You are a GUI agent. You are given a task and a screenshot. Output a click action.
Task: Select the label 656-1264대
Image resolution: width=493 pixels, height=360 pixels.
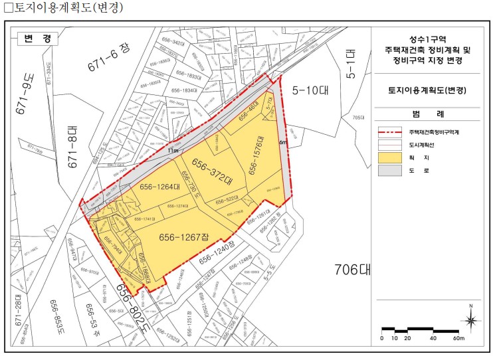tap(159, 187)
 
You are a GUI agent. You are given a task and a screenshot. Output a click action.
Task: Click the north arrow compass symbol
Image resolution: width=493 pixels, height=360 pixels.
tap(471, 320)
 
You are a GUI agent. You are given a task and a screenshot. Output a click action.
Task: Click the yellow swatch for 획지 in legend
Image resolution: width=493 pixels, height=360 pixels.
tap(391, 157)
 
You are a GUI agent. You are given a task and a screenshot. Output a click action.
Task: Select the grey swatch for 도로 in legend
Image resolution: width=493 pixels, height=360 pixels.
tap(391, 171)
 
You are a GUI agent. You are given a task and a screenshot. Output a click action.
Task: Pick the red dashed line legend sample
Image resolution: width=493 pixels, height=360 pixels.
tap(391, 131)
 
